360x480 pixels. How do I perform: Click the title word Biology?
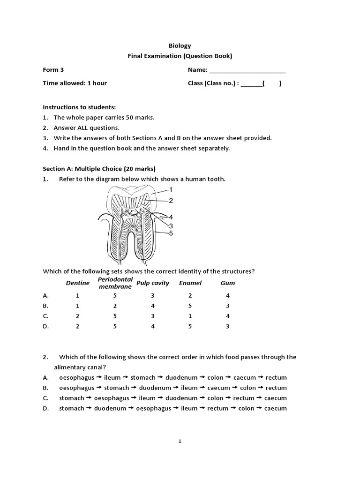tap(180, 45)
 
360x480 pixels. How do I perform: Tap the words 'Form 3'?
tap(53, 70)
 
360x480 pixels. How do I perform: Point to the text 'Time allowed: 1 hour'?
tap(75, 83)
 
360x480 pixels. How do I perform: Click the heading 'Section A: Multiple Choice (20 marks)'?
tap(99, 169)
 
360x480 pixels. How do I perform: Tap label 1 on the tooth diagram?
tap(171, 189)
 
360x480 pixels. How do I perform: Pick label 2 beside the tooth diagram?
tap(171, 201)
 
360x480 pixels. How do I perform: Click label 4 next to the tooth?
tap(171, 217)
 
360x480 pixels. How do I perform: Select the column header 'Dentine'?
tap(77, 283)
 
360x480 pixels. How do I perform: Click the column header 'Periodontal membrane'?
tap(115, 283)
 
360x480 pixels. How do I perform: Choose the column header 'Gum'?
tap(227, 283)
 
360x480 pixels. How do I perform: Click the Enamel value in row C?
tap(190, 316)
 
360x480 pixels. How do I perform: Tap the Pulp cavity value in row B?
tap(152, 306)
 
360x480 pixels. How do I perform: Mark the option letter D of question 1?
tap(45, 326)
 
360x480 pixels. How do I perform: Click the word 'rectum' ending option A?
tap(276, 377)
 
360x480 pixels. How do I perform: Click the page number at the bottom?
tap(180, 441)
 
